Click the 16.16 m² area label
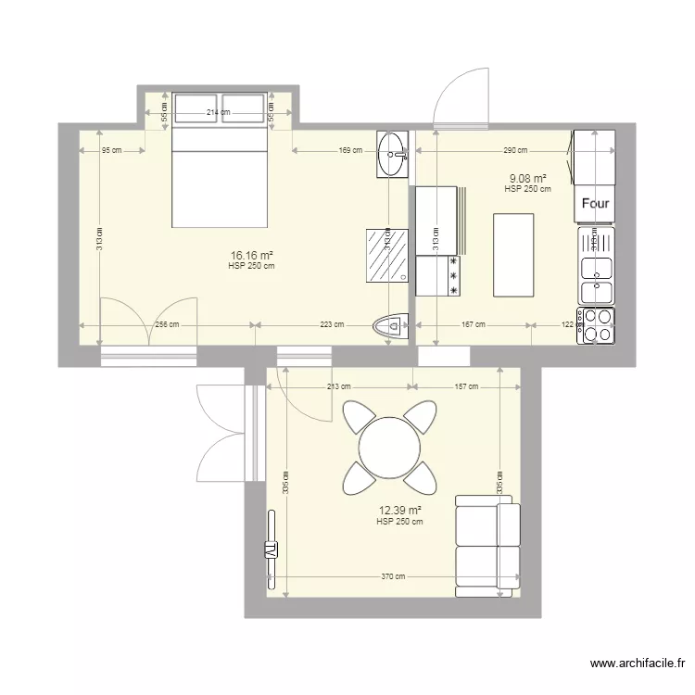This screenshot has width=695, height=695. click(x=251, y=255)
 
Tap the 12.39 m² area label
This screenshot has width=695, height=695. click(x=399, y=511)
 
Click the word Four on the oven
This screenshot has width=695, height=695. click(x=594, y=203)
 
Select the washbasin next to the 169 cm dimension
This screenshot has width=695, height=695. click(x=393, y=153)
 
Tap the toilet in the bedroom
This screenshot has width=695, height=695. click(x=389, y=325)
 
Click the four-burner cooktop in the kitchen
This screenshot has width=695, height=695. click(x=596, y=325)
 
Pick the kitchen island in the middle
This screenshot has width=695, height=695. click(x=513, y=255)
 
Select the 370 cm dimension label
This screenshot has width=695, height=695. click(x=393, y=576)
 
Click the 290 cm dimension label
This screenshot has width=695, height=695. click(x=515, y=149)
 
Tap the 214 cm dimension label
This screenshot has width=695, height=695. click(x=219, y=113)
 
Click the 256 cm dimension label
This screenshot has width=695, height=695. click(x=167, y=324)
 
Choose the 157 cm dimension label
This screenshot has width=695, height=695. click(x=466, y=386)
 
